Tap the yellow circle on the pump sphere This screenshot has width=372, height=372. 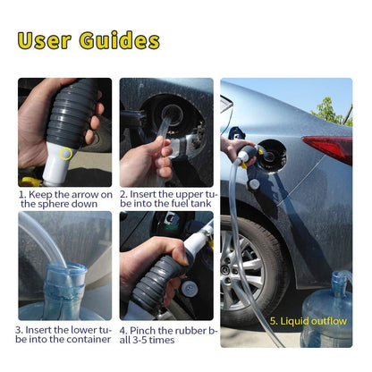65,154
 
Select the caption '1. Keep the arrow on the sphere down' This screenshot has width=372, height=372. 65,199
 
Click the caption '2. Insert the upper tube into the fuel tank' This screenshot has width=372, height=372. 166,199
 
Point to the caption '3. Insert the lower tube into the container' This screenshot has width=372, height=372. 65,334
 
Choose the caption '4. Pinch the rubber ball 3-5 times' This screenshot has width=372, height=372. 166,334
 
